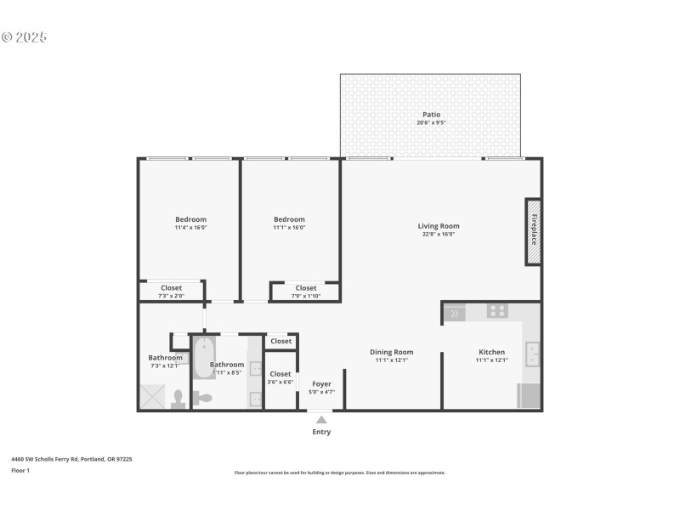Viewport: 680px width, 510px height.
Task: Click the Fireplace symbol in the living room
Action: [x=533, y=232]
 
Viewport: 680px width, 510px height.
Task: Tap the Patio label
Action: [x=431, y=115]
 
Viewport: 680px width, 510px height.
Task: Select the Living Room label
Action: [x=438, y=226]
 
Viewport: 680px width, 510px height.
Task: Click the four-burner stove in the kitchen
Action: [x=497, y=311]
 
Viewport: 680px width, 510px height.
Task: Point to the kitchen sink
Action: [x=532, y=353]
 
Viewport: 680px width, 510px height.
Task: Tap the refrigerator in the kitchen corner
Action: [x=528, y=396]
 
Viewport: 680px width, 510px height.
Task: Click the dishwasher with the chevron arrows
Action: [x=455, y=314]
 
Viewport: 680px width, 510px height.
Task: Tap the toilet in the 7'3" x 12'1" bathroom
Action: [x=178, y=399]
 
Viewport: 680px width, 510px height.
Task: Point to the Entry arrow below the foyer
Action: [x=320, y=419]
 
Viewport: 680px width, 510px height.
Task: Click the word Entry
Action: [x=321, y=432]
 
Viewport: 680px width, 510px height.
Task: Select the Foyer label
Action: [x=321, y=384]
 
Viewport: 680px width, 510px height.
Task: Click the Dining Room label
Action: [x=391, y=352]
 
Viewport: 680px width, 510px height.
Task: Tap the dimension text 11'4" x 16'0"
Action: [x=190, y=228]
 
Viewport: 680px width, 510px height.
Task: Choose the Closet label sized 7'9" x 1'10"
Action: [x=306, y=288]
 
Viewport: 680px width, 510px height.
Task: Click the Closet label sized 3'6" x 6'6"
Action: [x=280, y=374]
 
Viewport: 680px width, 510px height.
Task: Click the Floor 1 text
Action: [x=20, y=470]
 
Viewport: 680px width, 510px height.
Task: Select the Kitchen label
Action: [x=491, y=352]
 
